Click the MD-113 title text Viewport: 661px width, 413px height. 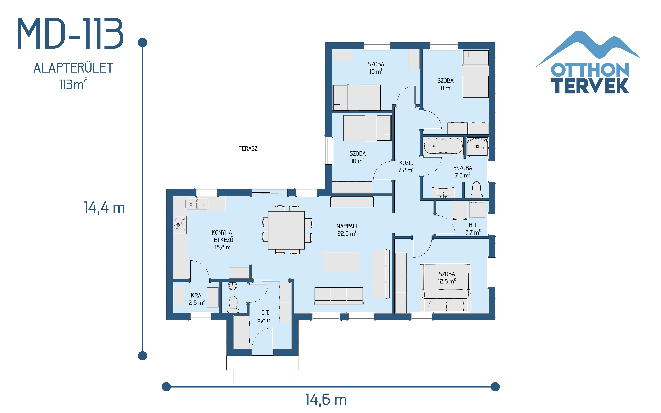click(71, 34)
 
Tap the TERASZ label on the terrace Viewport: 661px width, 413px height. click(248, 149)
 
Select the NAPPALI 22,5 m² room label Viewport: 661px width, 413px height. click(347, 230)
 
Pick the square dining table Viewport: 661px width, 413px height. click(286, 230)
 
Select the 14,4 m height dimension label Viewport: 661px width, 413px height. click(104, 208)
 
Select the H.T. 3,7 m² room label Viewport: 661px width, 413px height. click(473, 229)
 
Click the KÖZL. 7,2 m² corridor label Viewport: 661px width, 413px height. click(406, 166)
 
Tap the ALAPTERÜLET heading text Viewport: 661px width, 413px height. click(73, 68)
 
